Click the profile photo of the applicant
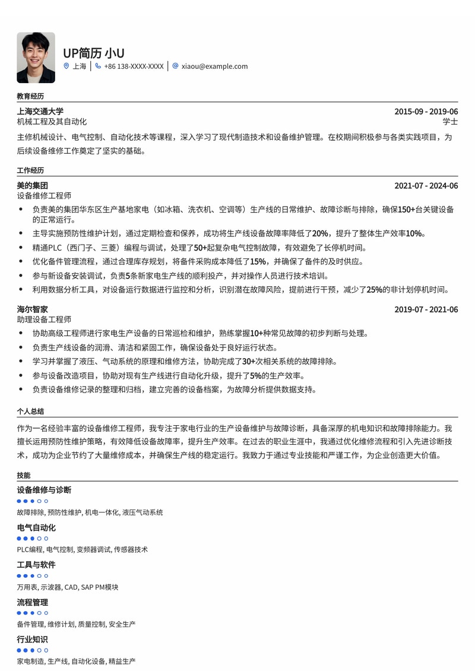[36, 58]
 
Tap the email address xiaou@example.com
[214, 67]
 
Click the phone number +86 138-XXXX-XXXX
[134, 67]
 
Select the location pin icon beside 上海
[66, 67]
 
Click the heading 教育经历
[30, 96]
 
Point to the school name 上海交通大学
[40, 112]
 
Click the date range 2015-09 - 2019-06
[426, 112]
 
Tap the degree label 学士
[450, 122]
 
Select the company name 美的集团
[33, 186]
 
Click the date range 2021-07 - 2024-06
[426, 186]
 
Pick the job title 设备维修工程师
[44, 196]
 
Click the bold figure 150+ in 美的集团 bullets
[406, 210]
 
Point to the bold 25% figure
[375, 290]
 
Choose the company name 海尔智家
[33, 309]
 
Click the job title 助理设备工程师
[44, 319]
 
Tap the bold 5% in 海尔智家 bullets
[256, 376]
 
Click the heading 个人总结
[30, 411]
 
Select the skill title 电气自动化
[36, 528]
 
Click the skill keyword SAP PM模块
[100, 587]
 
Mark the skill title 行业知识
[33, 640]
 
